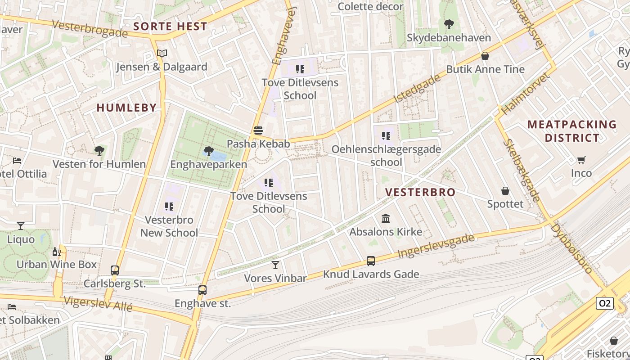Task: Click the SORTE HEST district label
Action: click(170, 27)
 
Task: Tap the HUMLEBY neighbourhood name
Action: click(126, 108)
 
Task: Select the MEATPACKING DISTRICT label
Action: click(571, 131)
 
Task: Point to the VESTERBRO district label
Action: click(420, 192)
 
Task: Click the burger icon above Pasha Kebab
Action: click(258, 130)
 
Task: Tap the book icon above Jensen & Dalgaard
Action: click(162, 54)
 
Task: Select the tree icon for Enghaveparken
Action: click(208, 151)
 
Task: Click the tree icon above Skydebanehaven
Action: click(449, 24)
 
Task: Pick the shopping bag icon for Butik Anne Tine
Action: click(485, 56)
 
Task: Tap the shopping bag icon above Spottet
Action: click(505, 191)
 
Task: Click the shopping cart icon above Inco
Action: click(581, 160)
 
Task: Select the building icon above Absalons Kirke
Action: click(386, 219)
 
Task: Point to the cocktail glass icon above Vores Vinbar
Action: click(275, 265)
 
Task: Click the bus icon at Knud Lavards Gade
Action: click(370, 261)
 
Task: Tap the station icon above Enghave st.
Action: click(202, 290)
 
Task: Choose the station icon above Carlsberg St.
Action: click(115, 270)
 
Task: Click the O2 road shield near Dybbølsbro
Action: click(605, 303)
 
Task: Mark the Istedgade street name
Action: click(417, 89)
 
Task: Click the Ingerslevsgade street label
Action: click(436, 247)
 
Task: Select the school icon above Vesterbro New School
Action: click(169, 207)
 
